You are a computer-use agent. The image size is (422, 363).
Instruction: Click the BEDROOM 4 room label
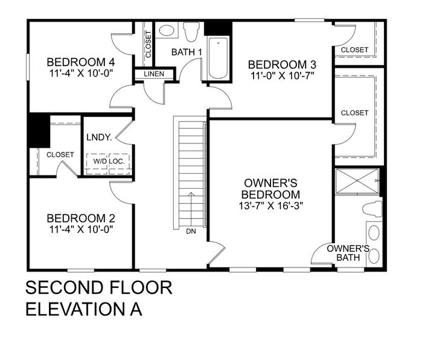(x=80, y=62)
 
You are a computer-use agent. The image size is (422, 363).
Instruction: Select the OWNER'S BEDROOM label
(x=270, y=188)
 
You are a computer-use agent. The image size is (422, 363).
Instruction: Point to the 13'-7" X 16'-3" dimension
(x=270, y=205)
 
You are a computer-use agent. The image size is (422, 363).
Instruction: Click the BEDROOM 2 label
(x=80, y=218)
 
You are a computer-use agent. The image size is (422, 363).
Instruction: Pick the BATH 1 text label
(x=187, y=52)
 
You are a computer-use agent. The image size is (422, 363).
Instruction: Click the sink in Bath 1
(x=166, y=30)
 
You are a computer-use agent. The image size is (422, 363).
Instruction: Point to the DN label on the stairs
(x=191, y=231)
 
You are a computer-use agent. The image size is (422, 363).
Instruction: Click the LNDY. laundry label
(x=99, y=137)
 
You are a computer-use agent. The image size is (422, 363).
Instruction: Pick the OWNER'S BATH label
(x=348, y=253)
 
